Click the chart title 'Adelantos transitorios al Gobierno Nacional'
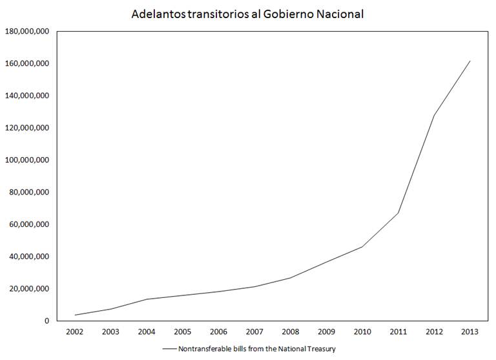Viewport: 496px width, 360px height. point(247,13)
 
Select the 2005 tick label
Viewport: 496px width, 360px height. point(183,332)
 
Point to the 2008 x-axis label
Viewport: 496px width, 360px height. point(290,332)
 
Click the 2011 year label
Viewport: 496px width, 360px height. point(398,332)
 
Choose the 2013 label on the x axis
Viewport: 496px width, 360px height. point(470,332)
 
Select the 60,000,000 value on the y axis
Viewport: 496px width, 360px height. point(29,224)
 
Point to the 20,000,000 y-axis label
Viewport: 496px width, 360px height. point(29,289)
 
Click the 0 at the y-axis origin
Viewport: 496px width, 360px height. point(46,321)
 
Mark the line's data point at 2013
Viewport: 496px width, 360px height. point(470,61)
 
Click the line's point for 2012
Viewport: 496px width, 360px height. point(434,116)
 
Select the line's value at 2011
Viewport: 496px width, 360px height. point(398,213)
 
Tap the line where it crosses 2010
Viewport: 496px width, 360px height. point(362,247)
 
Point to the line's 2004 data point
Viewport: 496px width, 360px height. point(147,299)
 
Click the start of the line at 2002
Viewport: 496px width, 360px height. point(76,315)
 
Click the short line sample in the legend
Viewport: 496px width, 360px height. point(169,349)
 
